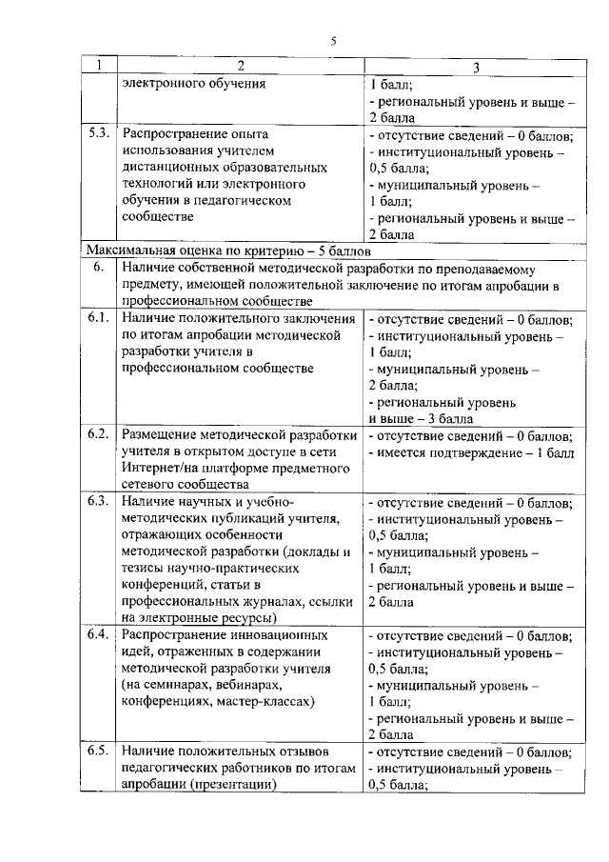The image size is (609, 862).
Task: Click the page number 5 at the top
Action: tap(334, 40)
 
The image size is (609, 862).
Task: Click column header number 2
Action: tap(240, 66)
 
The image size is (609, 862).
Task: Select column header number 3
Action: tap(476, 66)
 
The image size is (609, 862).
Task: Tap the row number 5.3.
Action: tap(98, 133)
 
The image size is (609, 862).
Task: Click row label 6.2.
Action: tap(98, 435)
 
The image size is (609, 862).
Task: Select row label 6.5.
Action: tap(98, 752)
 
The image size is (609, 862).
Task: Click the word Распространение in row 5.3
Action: tap(173, 133)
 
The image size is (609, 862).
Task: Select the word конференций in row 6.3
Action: tap(165, 584)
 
